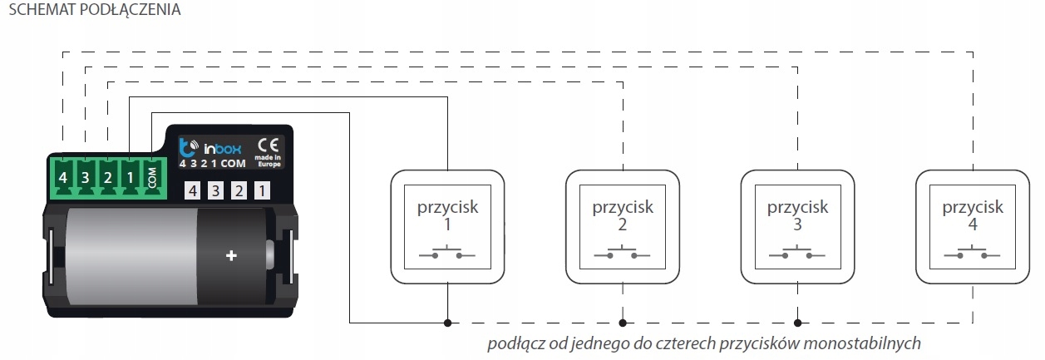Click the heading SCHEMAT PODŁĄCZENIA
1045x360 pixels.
click(x=93, y=12)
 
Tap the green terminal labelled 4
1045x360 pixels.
click(x=62, y=178)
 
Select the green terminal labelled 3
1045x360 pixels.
click(x=85, y=178)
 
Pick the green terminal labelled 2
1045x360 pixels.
click(x=107, y=178)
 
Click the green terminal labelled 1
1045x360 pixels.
click(x=130, y=178)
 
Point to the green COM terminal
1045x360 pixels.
click(x=152, y=178)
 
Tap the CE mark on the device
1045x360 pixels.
click(x=269, y=143)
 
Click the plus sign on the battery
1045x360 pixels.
click(x=231, y=257)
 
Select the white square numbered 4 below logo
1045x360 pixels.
click(x=194, y=191)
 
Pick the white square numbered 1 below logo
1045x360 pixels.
click(x=261, y=191)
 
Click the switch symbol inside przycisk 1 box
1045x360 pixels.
click(x=448, y=252)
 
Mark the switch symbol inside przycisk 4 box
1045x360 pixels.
click(x=972, y=252)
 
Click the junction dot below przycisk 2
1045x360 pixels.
click(x=623, y=321)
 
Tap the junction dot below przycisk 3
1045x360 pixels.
click(x=797, y=321)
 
